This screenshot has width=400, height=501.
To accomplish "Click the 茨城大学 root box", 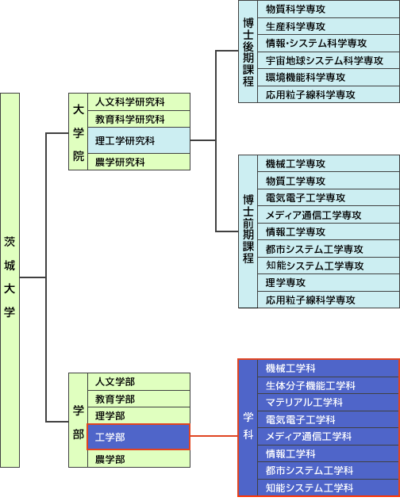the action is [10, 280].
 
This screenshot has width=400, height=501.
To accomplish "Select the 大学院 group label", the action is [78, 132].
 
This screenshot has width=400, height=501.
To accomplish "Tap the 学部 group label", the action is [78, 420].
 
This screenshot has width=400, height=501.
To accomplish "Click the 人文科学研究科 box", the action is [139, 102].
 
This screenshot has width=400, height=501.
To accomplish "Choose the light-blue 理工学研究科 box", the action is [139, 140].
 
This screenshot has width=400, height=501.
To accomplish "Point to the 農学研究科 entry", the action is [139, 162].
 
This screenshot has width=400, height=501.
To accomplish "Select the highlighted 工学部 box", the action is [138, 437].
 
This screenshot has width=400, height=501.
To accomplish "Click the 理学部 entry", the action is [139, 415].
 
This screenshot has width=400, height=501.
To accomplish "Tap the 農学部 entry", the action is [139, 459].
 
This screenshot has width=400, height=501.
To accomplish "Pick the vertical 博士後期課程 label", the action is [248, 52].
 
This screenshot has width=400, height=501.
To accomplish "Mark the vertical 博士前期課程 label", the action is [248, 231].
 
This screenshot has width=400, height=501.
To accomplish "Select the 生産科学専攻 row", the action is [329, 26].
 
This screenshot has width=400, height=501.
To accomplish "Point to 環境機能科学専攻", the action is [329, 78].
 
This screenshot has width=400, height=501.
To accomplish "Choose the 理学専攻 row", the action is [329, 282].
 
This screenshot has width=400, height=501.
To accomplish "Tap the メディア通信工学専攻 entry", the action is [329, 215].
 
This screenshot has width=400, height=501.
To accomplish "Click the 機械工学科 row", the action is [328, 368].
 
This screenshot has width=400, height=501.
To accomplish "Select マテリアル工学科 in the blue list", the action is [328, 402].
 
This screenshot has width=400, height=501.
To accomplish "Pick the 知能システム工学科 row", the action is [328, 488].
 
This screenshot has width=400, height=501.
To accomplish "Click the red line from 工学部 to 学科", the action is [213, 436].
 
